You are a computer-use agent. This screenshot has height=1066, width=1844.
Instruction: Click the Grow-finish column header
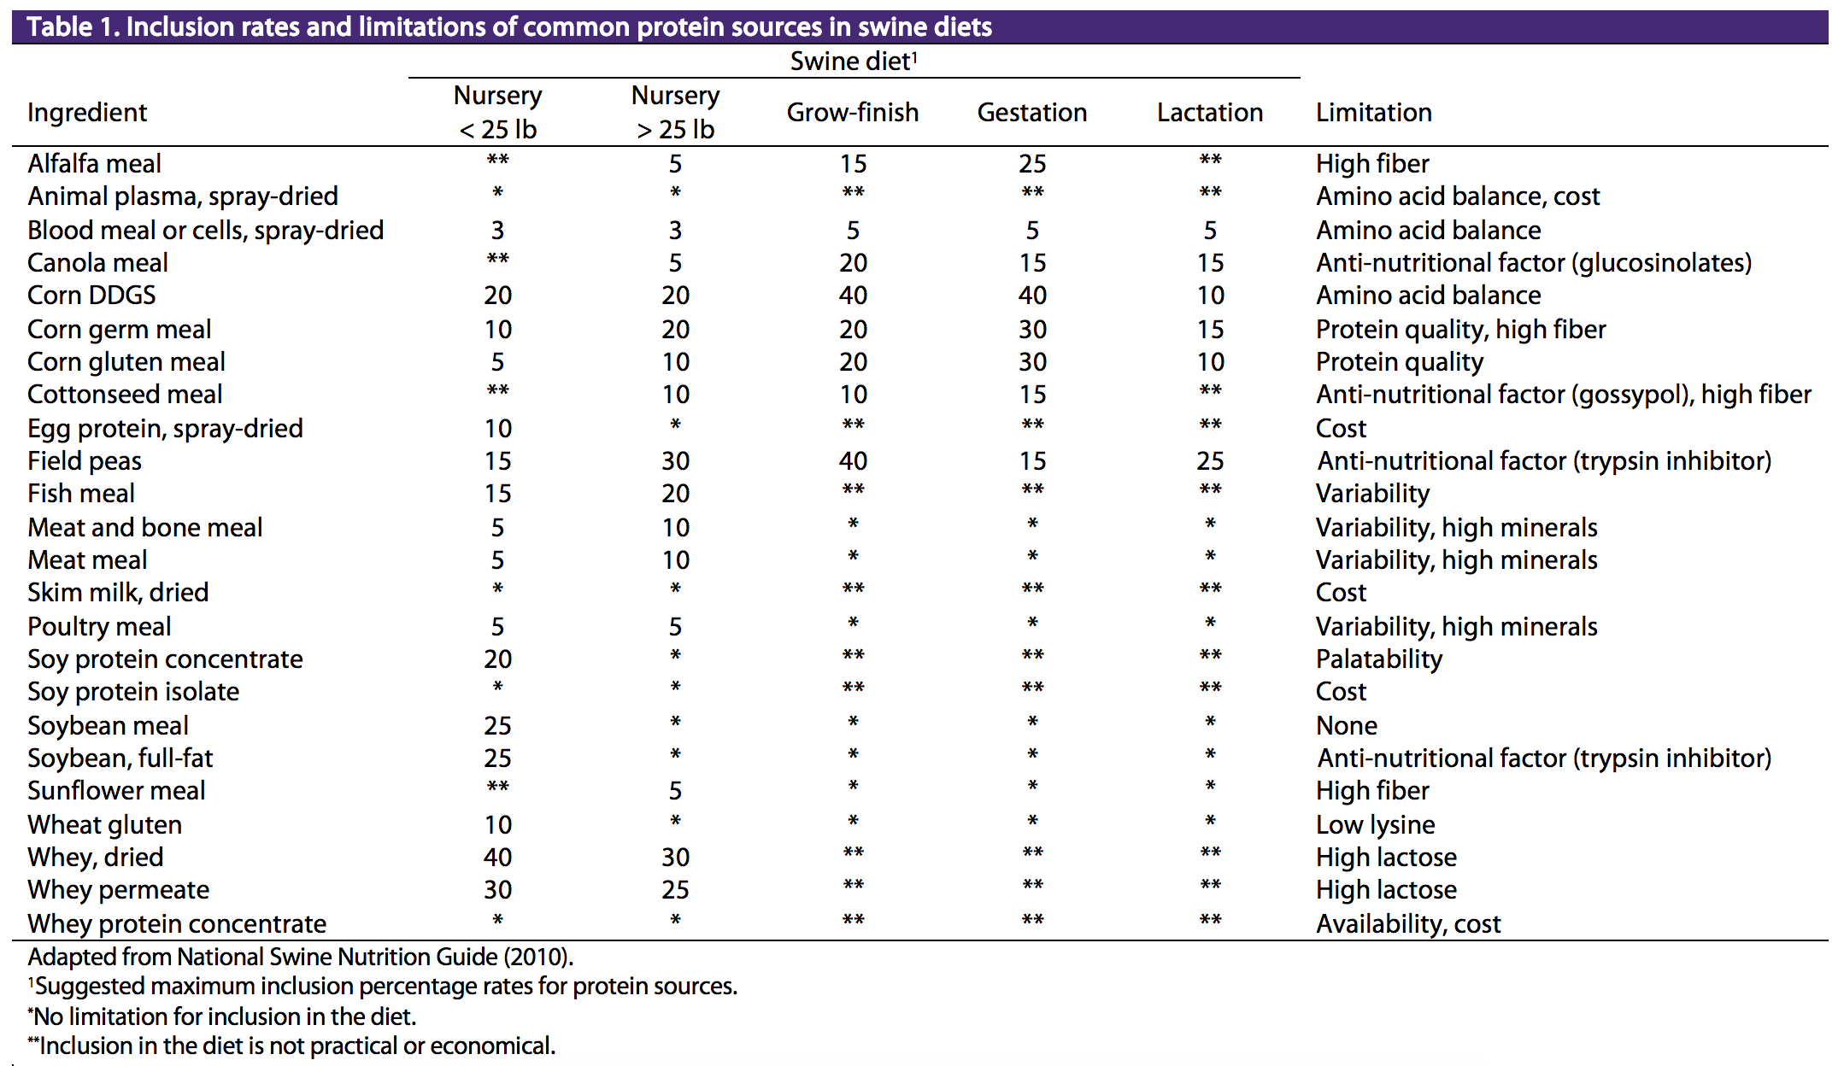point(852,112)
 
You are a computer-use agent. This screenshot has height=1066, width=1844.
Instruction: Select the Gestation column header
point(1032,112)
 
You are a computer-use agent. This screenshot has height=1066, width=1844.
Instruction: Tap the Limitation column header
point(1373,112)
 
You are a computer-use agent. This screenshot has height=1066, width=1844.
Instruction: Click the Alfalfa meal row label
point(94,163)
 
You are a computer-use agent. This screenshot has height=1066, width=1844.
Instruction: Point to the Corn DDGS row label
point(91,295)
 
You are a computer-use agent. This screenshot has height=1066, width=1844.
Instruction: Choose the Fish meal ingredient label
point(81,493)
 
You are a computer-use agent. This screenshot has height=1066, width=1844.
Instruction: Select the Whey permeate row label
point(118,889)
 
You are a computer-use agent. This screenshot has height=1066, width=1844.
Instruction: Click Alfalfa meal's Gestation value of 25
point(1032,163)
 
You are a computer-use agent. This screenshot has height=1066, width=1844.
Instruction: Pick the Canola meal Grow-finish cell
point(853,262)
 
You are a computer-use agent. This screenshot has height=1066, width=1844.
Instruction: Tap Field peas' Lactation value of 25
point(1210,460)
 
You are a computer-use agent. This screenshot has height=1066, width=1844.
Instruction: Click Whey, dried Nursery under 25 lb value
point(497,857)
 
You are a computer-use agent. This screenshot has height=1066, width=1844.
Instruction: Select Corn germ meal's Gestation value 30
point(1032,329)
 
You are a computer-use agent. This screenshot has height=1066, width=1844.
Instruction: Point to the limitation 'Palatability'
point(1379,659)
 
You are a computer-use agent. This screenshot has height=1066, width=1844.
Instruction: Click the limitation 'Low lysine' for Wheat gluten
point(1376,824)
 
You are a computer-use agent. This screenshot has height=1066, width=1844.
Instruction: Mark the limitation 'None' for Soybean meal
point(1347,725)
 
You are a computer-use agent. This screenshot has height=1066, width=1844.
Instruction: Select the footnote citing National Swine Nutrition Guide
point(301,956)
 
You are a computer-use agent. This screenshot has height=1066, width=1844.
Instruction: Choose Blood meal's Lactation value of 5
point(1210,230)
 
